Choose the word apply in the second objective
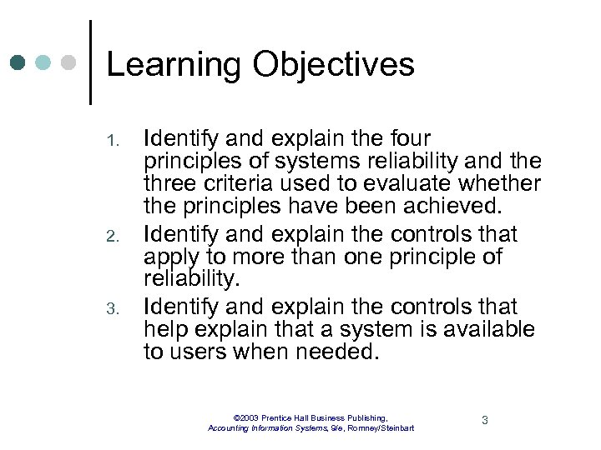tap(174, 257)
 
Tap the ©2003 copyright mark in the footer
tap(248, 417)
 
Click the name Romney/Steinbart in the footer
tap(379, 428)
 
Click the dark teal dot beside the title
tap(18, 63)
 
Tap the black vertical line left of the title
tap(89, 62)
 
